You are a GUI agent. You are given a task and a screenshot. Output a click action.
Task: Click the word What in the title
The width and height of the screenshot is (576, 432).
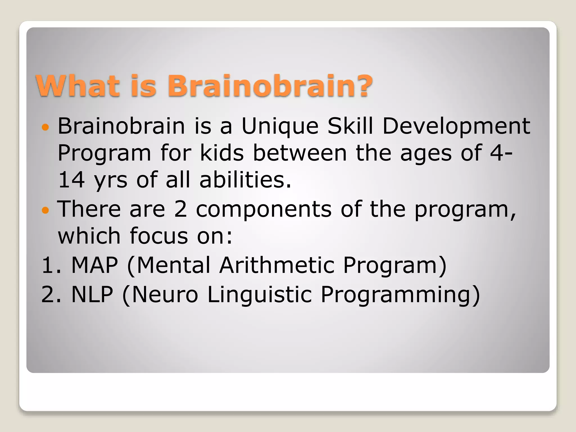click(x=77, y=85)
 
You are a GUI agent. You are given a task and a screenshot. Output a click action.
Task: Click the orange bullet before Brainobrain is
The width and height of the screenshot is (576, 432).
click(x=45, y=127)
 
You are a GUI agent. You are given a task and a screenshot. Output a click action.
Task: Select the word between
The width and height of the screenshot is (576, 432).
click(x=300, y=153)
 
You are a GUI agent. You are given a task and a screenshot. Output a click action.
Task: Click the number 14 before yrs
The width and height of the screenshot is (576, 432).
click(x=71, y=180)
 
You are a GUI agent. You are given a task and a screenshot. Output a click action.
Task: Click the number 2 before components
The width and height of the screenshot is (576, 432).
click(x=180, y=209)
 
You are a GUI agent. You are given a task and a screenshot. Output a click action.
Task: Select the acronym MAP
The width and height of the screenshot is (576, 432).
click(x=94, y=265)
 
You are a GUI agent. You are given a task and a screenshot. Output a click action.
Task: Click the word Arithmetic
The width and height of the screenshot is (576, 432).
click(x=277, y=265)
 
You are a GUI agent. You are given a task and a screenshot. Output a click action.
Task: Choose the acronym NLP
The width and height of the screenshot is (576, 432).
click(x=92, y=294)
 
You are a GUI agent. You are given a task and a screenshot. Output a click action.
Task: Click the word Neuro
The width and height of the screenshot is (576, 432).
click(x=165, y=294)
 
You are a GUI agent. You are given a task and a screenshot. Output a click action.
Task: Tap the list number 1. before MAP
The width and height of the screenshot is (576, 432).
click(x=51, y=265)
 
